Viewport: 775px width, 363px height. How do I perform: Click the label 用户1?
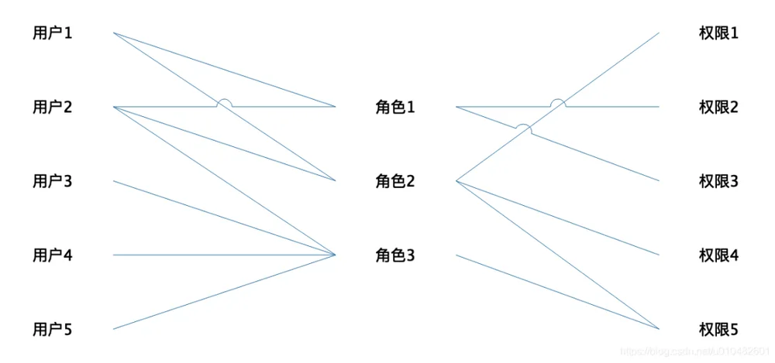tap(53, 33)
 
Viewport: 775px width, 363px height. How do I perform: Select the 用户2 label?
tap(53, 107)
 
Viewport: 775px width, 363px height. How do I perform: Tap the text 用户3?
tap(53, 181)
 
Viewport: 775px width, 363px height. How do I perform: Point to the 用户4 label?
tap(53, 255)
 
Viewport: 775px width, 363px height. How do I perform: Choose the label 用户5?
tap(53, 329)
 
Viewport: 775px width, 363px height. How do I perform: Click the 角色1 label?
tap(395, 107)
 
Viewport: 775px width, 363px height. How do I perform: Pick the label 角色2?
tap(395, 181)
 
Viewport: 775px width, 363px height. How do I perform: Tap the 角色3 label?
tap(395, 255)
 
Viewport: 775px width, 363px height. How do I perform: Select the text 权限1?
tap(718, 33)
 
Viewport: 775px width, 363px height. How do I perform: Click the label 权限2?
tap(718, 107)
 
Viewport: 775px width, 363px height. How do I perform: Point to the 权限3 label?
tap(718, 181)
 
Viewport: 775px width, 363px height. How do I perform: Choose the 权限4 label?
tap(718, 255)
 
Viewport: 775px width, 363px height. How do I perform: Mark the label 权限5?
tap(718, 329)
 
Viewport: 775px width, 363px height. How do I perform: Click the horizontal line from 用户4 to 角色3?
tap(225, 255)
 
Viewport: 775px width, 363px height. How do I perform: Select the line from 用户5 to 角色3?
tap(225, 292)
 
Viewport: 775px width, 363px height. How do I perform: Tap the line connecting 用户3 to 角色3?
tap(225, 217)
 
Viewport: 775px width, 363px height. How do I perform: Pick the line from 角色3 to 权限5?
tap(557, 292)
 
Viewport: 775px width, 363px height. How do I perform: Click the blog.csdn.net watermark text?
tap(694, 351)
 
